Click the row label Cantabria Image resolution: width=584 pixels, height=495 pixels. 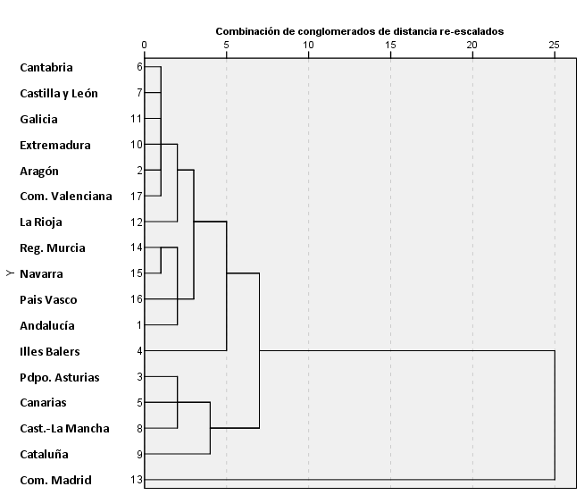pos(46,67)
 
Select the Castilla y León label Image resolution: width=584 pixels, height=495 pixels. pos(59,93)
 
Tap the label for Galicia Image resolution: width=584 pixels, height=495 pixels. pos(38,119)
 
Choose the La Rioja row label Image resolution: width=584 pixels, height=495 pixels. pos(41,222)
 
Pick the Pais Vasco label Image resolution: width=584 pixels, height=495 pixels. pos(48,299)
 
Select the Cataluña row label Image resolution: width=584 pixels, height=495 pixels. pos(45,454)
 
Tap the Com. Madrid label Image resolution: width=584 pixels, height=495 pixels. pos(55,480)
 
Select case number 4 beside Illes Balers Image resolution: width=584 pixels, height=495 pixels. pos(140,351)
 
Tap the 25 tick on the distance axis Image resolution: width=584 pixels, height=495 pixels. pos(555,44)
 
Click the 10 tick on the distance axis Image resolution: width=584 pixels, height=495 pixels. pos(308,44)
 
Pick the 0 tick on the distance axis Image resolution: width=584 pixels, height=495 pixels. pos(145,44)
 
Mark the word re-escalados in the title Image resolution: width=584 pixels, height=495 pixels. pos(471,30)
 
